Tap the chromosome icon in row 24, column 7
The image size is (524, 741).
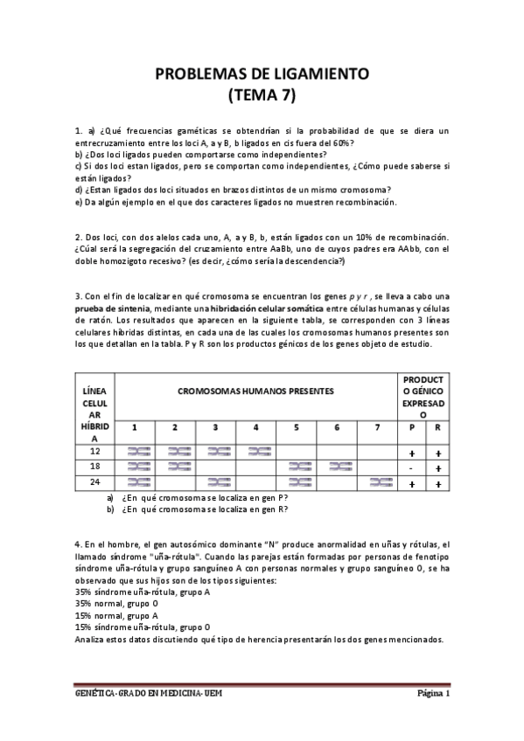(x=378, y=482)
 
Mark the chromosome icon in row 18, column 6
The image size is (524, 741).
(x=338, y=467)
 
